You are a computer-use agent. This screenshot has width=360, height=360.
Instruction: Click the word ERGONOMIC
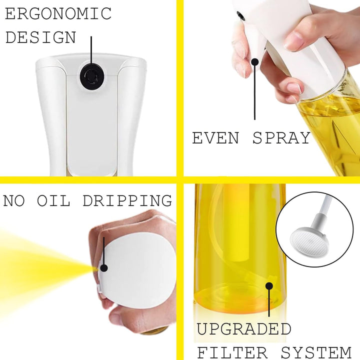pos(58,13)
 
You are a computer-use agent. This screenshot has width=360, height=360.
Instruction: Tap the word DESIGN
pos(40,37)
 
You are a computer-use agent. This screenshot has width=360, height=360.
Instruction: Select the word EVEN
pos(215,138)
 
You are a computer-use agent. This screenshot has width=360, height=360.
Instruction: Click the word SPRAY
pos(281,138)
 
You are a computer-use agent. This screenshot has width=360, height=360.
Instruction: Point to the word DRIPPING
pos(127,200)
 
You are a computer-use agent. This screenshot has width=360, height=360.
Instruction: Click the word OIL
pos(53,200)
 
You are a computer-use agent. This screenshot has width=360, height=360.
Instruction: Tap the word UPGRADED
pos(244,329)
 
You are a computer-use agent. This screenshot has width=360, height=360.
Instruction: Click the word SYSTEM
pos(316,352)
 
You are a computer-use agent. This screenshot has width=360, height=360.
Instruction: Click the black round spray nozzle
pos(91,75)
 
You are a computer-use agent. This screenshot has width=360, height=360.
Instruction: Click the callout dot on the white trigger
pos(255,62)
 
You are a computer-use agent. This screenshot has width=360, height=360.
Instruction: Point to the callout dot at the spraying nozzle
pos(104,268)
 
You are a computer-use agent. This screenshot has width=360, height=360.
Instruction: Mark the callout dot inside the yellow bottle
pos(269,286)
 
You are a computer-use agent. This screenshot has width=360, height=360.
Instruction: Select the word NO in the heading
pos(13,200)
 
